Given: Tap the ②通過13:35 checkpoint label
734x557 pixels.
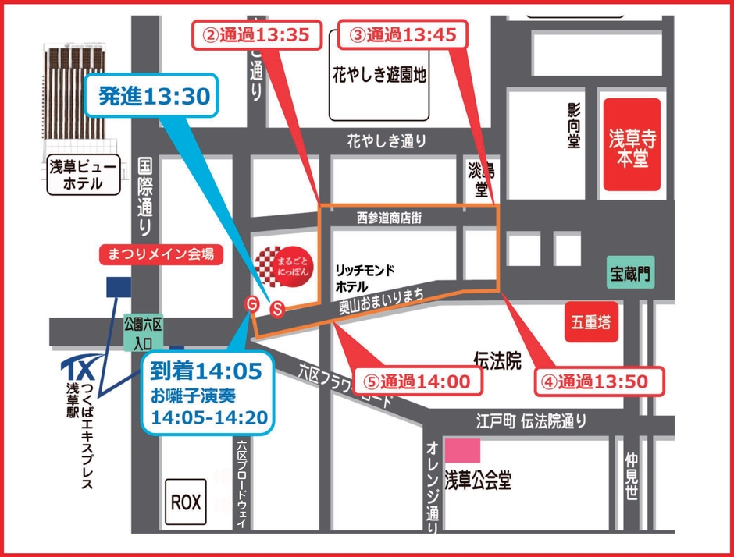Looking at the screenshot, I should point(257,34).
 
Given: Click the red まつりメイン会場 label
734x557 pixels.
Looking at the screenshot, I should point(157,254).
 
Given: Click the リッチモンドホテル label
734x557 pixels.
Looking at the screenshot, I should point(364,277).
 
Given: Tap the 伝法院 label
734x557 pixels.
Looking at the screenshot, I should point(497,359).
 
